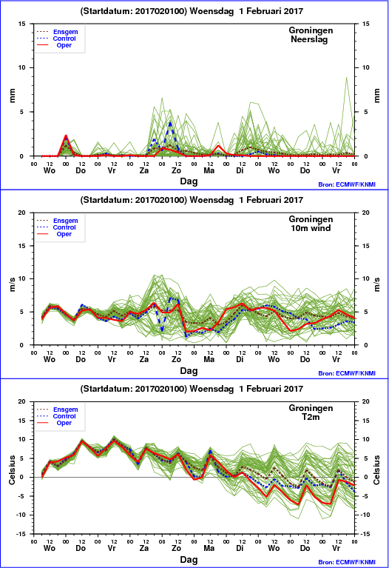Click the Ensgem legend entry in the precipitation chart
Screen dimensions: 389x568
click(66, 32)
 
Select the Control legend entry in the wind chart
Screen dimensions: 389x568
click(64, 227)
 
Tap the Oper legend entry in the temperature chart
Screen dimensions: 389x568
click(64, 423)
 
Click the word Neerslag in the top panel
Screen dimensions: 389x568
click(309, 39)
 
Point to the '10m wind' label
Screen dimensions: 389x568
click(311, 228)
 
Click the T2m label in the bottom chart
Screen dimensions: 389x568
click(311, 417)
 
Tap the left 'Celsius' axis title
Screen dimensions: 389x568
click(13, 470)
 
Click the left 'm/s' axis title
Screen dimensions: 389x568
click(13, 284)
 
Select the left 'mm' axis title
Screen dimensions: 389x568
click(13, 96)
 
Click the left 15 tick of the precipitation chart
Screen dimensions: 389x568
click(22, 24)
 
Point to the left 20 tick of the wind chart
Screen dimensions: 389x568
click(22, 213)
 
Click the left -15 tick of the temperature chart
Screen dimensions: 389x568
click(21, 534)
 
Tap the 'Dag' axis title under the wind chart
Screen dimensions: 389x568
click(189, 370)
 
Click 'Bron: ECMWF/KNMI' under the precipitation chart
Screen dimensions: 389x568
click(347, 184)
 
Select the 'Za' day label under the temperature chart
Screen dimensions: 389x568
click(144, 548)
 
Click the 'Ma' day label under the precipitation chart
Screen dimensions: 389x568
click(209, 170)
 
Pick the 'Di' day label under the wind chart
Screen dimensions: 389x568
click(240, 359)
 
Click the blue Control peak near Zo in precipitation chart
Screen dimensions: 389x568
click(170, 123)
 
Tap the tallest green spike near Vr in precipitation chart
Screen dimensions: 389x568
click(346, 78)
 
